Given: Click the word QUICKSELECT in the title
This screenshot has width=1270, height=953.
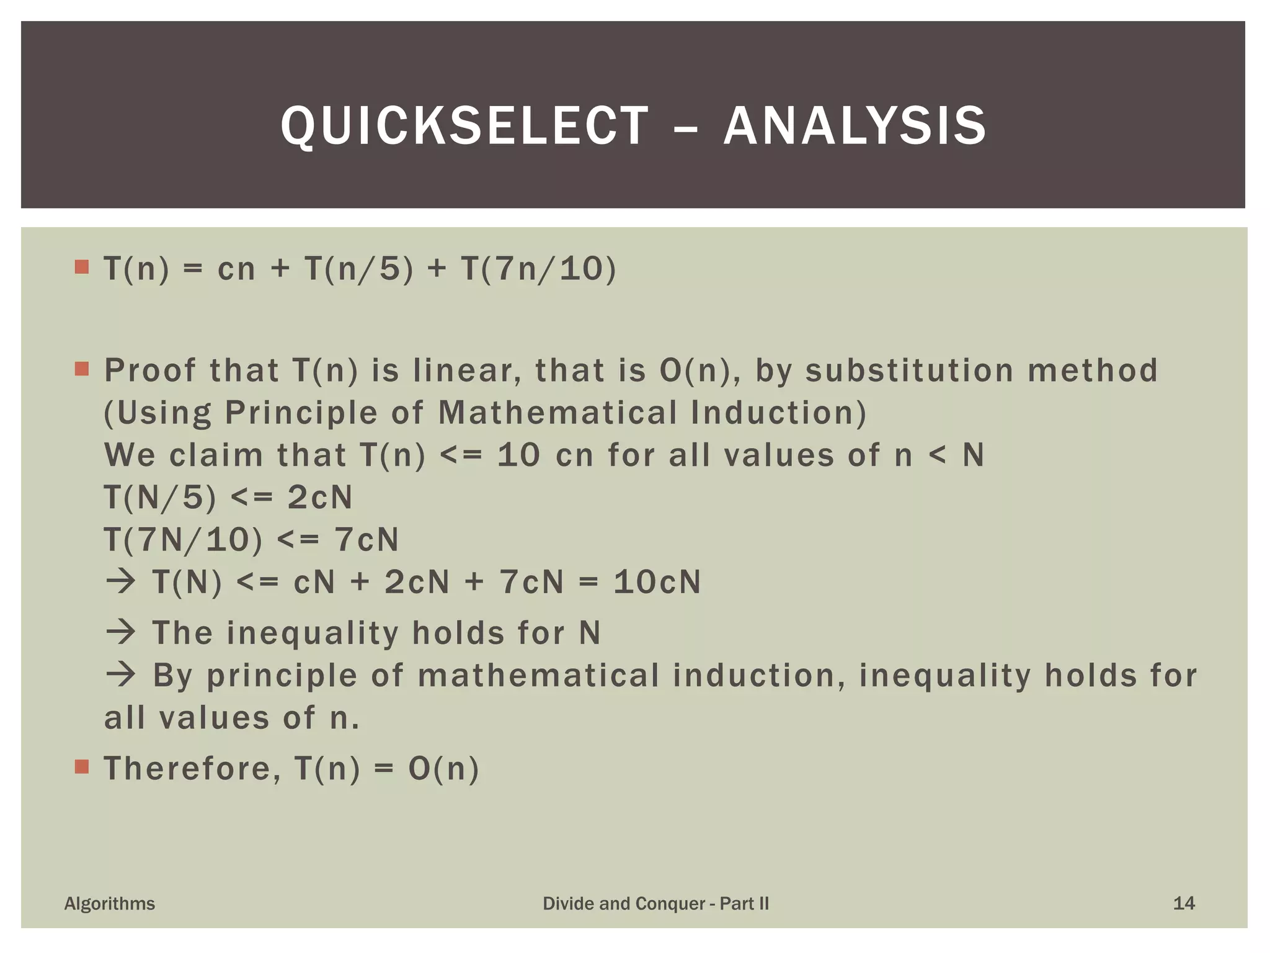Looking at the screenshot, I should (x=464, y=127).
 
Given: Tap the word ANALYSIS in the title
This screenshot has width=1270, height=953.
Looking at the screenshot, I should (x=855, y=127).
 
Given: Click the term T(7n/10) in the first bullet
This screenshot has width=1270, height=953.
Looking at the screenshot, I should (x=538, y=269).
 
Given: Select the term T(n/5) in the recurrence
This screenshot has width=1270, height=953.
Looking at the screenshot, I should (x=358, y=269).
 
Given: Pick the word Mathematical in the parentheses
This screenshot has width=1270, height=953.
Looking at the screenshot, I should (x=557, y=413).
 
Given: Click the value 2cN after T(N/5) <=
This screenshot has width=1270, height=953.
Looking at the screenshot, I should (x=320, y=497).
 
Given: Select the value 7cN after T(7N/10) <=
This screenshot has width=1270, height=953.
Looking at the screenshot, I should (x=366, y=539).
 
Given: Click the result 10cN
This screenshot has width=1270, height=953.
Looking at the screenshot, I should (x=657, y=582).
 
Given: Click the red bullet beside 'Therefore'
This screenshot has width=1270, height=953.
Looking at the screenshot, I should (x=82, y=767).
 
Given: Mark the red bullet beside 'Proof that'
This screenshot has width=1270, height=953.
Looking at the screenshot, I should (x=82, y=369).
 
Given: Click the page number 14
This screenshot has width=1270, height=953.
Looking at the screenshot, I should (x=1184, y=903).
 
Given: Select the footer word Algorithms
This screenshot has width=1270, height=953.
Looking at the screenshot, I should (x=110, y=903).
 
